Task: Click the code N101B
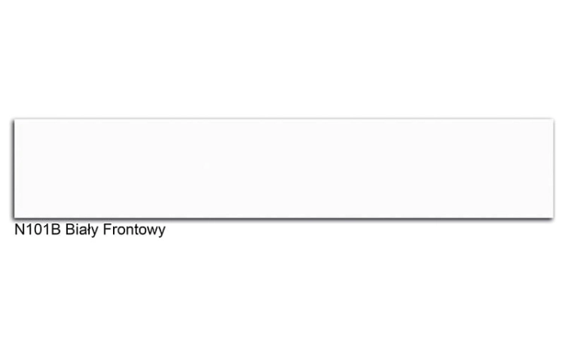tap(38, 230)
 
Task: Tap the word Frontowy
tap(134, 230)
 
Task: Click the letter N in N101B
tap(19, 230)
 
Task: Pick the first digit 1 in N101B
tap(29, 230)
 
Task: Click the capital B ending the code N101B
tap(56, 230)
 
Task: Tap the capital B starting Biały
tap(70, 230)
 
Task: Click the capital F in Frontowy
tap(107, 230)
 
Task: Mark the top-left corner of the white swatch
tap(14, 119)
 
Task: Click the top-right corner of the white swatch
tap(554, 119)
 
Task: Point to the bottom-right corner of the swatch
tap(554, 218)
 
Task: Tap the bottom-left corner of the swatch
tap(14, 218)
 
